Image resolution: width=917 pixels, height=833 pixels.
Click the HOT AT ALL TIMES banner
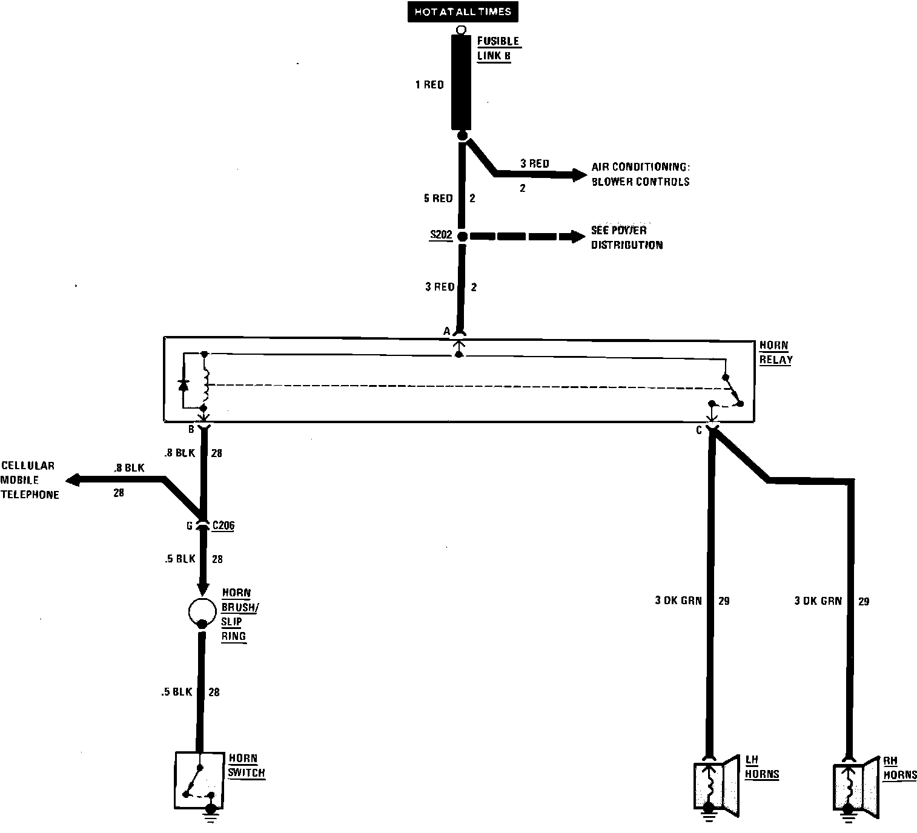coord(463,12)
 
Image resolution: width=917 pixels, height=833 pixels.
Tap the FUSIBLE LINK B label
coord(498,48)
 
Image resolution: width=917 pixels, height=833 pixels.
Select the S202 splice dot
coord(462,236)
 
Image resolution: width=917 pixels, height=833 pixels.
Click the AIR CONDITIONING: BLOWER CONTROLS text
coord(640,174)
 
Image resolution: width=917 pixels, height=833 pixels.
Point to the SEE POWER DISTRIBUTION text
coord(626,237)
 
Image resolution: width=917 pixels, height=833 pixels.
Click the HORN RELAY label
coord(775,352)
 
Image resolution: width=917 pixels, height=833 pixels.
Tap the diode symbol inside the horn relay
coord(184,384)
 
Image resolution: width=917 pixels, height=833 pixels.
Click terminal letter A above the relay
coord(447,331)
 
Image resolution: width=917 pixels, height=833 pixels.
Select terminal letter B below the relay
coord(191,430)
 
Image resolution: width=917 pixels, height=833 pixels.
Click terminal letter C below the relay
coord(698,430)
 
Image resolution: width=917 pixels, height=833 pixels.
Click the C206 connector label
coord(223,525)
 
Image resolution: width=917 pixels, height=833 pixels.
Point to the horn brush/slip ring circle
coord(202,612)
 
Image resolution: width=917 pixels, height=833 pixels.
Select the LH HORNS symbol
coord(716,785)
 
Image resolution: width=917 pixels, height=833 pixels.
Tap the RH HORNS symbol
coord(855,786)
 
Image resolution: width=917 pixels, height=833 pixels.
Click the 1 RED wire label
coord(429,85)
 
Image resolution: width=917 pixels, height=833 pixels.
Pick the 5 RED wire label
coord(439,199)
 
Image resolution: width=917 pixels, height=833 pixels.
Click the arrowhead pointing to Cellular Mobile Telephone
coord(73,480)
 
